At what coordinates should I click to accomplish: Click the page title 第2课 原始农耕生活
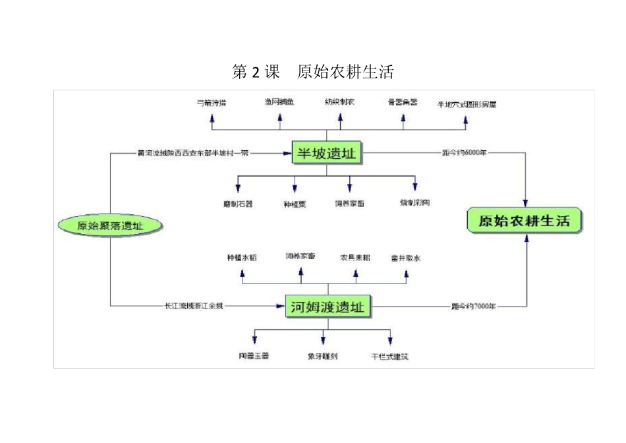click(x=313, y=71)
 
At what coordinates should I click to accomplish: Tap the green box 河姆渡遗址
click(x=327, y=307)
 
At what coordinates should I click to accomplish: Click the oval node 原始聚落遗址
click(x=109, y=226)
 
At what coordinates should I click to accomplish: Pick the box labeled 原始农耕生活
click(x=525, y=221)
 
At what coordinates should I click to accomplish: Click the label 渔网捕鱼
click(x=279, y=102)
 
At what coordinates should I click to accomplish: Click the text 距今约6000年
click(x=465, y=153)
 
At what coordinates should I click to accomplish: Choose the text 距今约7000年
click(x=473, y=306)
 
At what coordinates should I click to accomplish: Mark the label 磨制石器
click(x=238, y=204)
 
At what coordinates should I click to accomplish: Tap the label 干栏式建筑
click(x=389, y=357)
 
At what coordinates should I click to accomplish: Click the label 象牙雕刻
click(x=323, y=357)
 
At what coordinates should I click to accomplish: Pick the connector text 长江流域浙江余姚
click(x=194, y=306)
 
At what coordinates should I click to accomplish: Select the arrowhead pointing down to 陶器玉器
click(x=254, y=340)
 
